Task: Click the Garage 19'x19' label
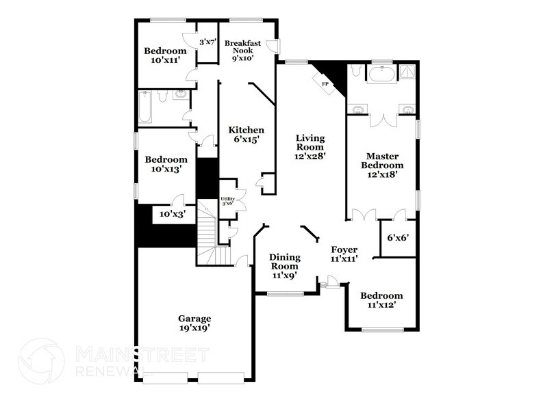click(194, 323)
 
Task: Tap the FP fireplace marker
click(325, 83)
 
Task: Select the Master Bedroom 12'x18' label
click(382, 165)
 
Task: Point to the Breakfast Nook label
click(243, 50)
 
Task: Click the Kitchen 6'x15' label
click(247, 135)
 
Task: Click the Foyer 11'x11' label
click(344, 254)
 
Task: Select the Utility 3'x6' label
click(227, 200)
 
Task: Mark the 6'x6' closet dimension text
click(398, 239)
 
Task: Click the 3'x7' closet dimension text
click(207, 42)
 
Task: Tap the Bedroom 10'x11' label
click(165, 55)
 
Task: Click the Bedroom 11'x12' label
click(382, 300)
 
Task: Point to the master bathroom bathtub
click(379, 75)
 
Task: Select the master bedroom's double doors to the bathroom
click(382, 120)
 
